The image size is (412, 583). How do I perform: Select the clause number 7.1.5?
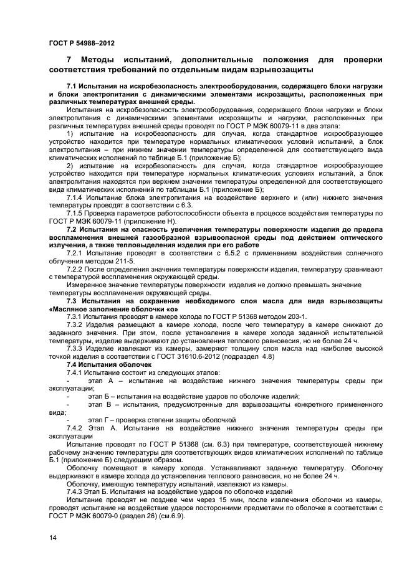76,213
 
